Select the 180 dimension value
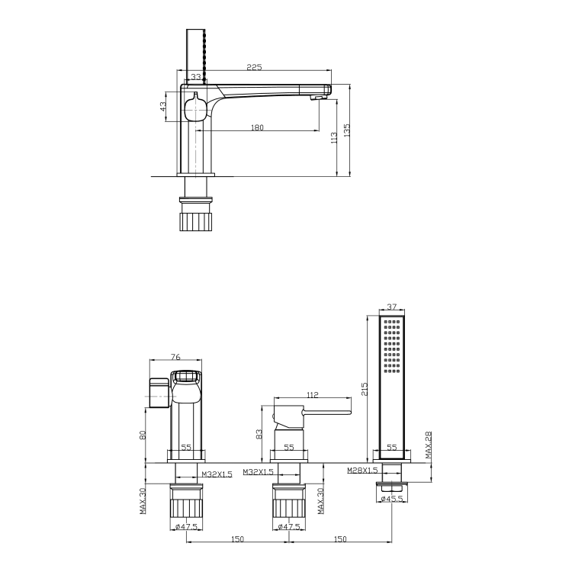257,127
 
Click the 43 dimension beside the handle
163,106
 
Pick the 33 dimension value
196,77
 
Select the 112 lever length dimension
313,394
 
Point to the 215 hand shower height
366,389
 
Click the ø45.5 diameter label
393,500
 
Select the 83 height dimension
259,434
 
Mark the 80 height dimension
143,435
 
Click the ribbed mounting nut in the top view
197,221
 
